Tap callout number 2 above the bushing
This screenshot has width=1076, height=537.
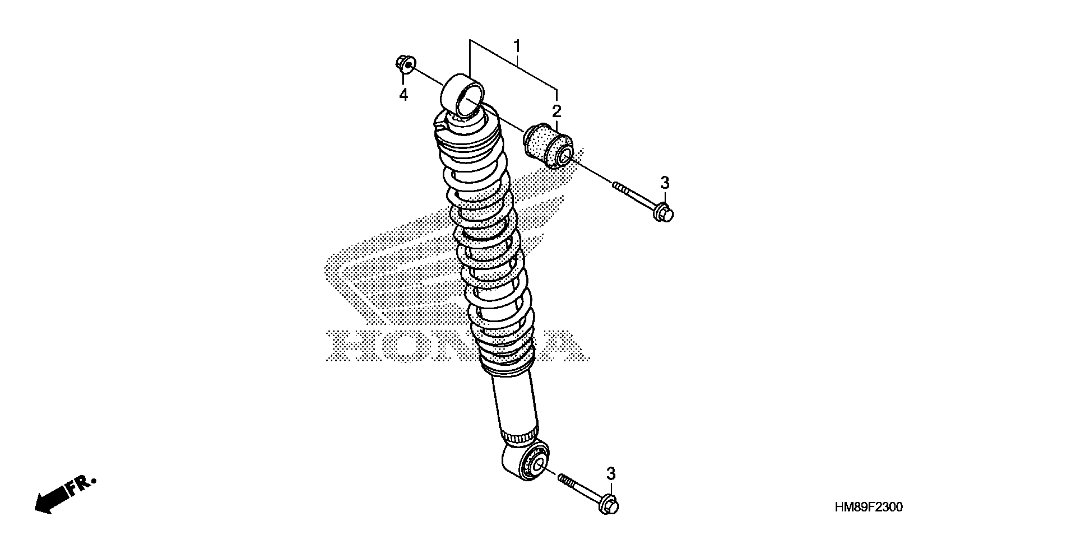[x=556, y=111]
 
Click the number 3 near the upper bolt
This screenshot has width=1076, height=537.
[x=664, y=183]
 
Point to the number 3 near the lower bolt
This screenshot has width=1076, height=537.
[x=611, y=474]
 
